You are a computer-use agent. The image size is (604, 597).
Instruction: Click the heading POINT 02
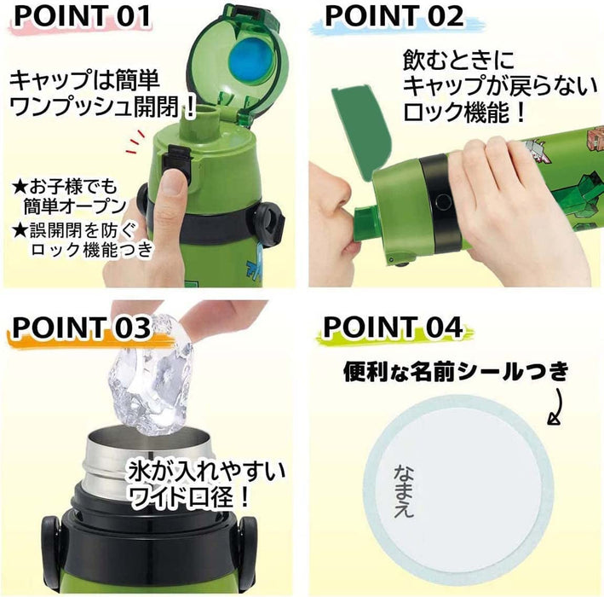point(394,17)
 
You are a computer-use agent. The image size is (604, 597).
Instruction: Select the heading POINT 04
point(393,327)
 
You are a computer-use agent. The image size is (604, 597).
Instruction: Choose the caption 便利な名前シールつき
point(455,371)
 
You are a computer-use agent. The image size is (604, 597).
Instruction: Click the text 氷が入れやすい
point(207,469)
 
